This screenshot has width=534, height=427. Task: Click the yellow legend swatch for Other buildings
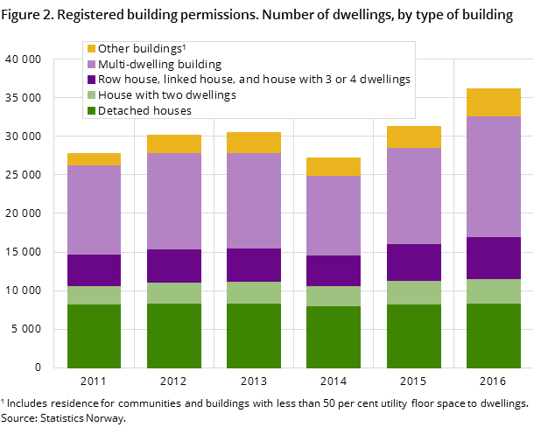tap(90, 49)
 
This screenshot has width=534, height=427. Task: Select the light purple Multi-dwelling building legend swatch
tap(90, 65)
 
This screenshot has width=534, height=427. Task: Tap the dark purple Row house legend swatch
tap(90, 80)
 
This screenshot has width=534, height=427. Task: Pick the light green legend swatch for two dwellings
tap(90, 95)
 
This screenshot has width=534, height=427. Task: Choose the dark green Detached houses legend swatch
tap(90, 111)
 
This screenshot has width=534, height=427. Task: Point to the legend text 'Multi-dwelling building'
tap(159, 65)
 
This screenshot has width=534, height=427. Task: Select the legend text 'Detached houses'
tap(144, 111)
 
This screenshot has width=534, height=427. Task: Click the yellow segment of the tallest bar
tap(494, 102)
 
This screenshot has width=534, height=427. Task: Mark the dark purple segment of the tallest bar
tap(494, 258)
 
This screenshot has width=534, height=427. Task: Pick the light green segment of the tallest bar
tap(494, 291)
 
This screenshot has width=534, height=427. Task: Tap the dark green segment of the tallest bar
tap(494, 336)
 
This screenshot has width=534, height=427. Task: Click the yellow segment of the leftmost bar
tap(94, 159)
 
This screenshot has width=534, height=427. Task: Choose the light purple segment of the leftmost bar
tap(94, 210)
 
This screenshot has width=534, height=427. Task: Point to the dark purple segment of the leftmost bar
tap(94, 270)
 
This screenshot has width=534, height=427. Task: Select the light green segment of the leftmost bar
tap(94, 295)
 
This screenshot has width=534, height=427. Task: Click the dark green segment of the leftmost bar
tap(94, 336)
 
